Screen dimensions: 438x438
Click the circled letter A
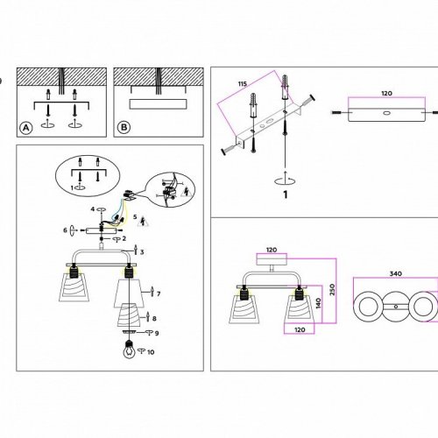tap(26, 128)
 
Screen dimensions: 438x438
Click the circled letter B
tap(124, 127)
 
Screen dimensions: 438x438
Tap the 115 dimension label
tap(243, 84)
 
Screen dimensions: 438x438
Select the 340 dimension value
tap(396, 273)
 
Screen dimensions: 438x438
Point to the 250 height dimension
tap(332, 289)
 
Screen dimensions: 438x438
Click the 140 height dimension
tap(318, 303)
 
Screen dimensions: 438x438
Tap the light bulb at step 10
tap(129, 350)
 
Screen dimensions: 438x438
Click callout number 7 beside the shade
tap(159, 293)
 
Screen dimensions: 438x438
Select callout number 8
tap(154, 319)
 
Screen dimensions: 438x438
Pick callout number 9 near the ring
tap(157, 333)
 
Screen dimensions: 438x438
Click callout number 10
tap(151, 352)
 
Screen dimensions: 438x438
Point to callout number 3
tap(142, 252)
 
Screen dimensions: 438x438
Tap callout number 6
tap(65, 230)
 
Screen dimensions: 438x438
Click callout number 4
tap(93, 209)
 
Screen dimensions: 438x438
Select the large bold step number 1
tap(286, 194)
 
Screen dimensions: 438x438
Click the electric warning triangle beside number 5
tap(144, 222)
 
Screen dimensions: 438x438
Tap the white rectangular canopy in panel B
tap(158, 104)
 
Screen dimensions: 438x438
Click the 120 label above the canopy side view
tap(386, 94)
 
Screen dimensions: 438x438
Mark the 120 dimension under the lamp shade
tap(300, 330)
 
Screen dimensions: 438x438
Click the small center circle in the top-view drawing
tap(396, 307)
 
